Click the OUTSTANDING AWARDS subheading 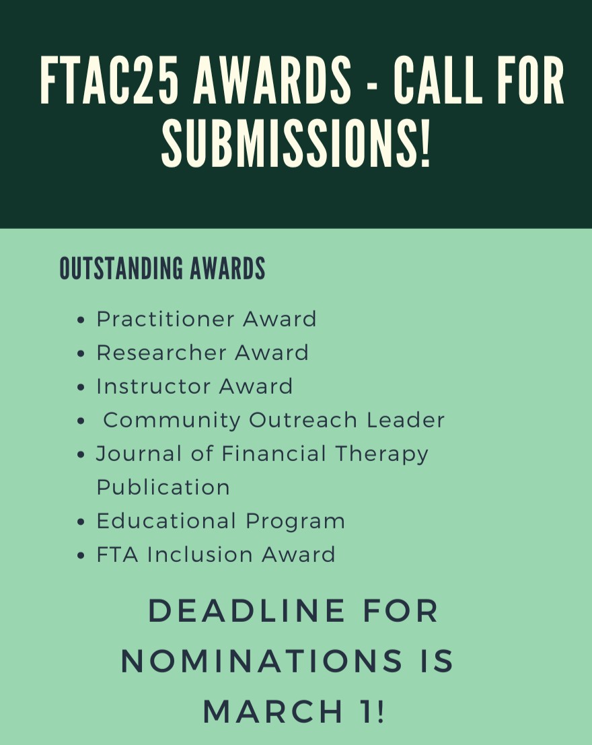[162, 269]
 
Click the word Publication [163, 487]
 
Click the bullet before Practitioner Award [81, 320]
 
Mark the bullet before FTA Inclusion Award [81, 556]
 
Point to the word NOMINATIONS [255, 662]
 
